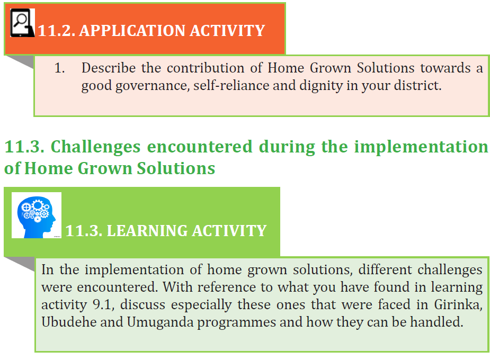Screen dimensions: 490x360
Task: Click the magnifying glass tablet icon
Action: [x=22, y=23]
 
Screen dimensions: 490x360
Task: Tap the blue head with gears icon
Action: [x=37, y=215]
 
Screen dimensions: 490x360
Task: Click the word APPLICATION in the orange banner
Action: [x=132, y=31]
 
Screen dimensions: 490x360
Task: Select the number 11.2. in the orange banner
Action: [x=57, y=31]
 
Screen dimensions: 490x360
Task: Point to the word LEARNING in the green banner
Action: [x=147, y=231]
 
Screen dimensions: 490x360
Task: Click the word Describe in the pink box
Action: [x=109, y=68]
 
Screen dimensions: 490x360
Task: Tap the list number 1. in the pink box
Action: [x=60, y=68]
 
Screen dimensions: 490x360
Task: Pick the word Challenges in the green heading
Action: [x=96, y=147]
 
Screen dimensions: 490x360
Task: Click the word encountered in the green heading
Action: [x=200, y=147]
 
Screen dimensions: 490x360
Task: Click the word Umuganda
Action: [x=161, y=322]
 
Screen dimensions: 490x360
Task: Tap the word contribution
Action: [x=206, y=68]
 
